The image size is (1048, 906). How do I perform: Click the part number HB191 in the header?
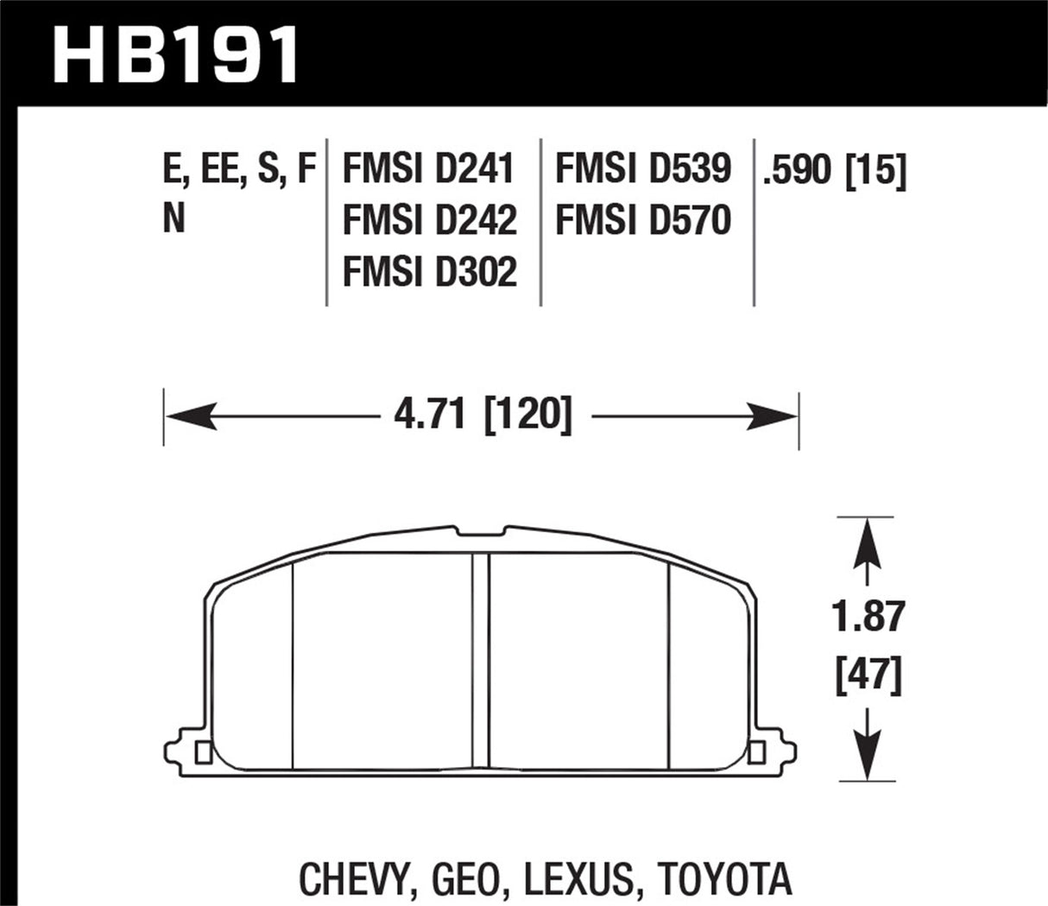tap(177, 54)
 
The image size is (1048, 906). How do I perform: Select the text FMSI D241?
tap(428, 168)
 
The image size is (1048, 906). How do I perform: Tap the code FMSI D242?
tap(429, 220)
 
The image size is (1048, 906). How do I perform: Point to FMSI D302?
tap(429, 272)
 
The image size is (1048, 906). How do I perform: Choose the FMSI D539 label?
tap(643, 168)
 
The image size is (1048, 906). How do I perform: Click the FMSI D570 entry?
tap(643, 220)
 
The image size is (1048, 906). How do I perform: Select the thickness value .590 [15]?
tap(834, 170)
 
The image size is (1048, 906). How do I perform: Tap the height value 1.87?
tap(868, 617)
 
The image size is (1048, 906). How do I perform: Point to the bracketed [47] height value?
tap(868, 675)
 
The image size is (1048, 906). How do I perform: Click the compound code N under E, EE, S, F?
tap(174, 220)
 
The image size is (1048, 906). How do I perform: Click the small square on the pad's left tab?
tap(204, 752)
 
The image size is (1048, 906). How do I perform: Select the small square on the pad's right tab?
tap(758, 752)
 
